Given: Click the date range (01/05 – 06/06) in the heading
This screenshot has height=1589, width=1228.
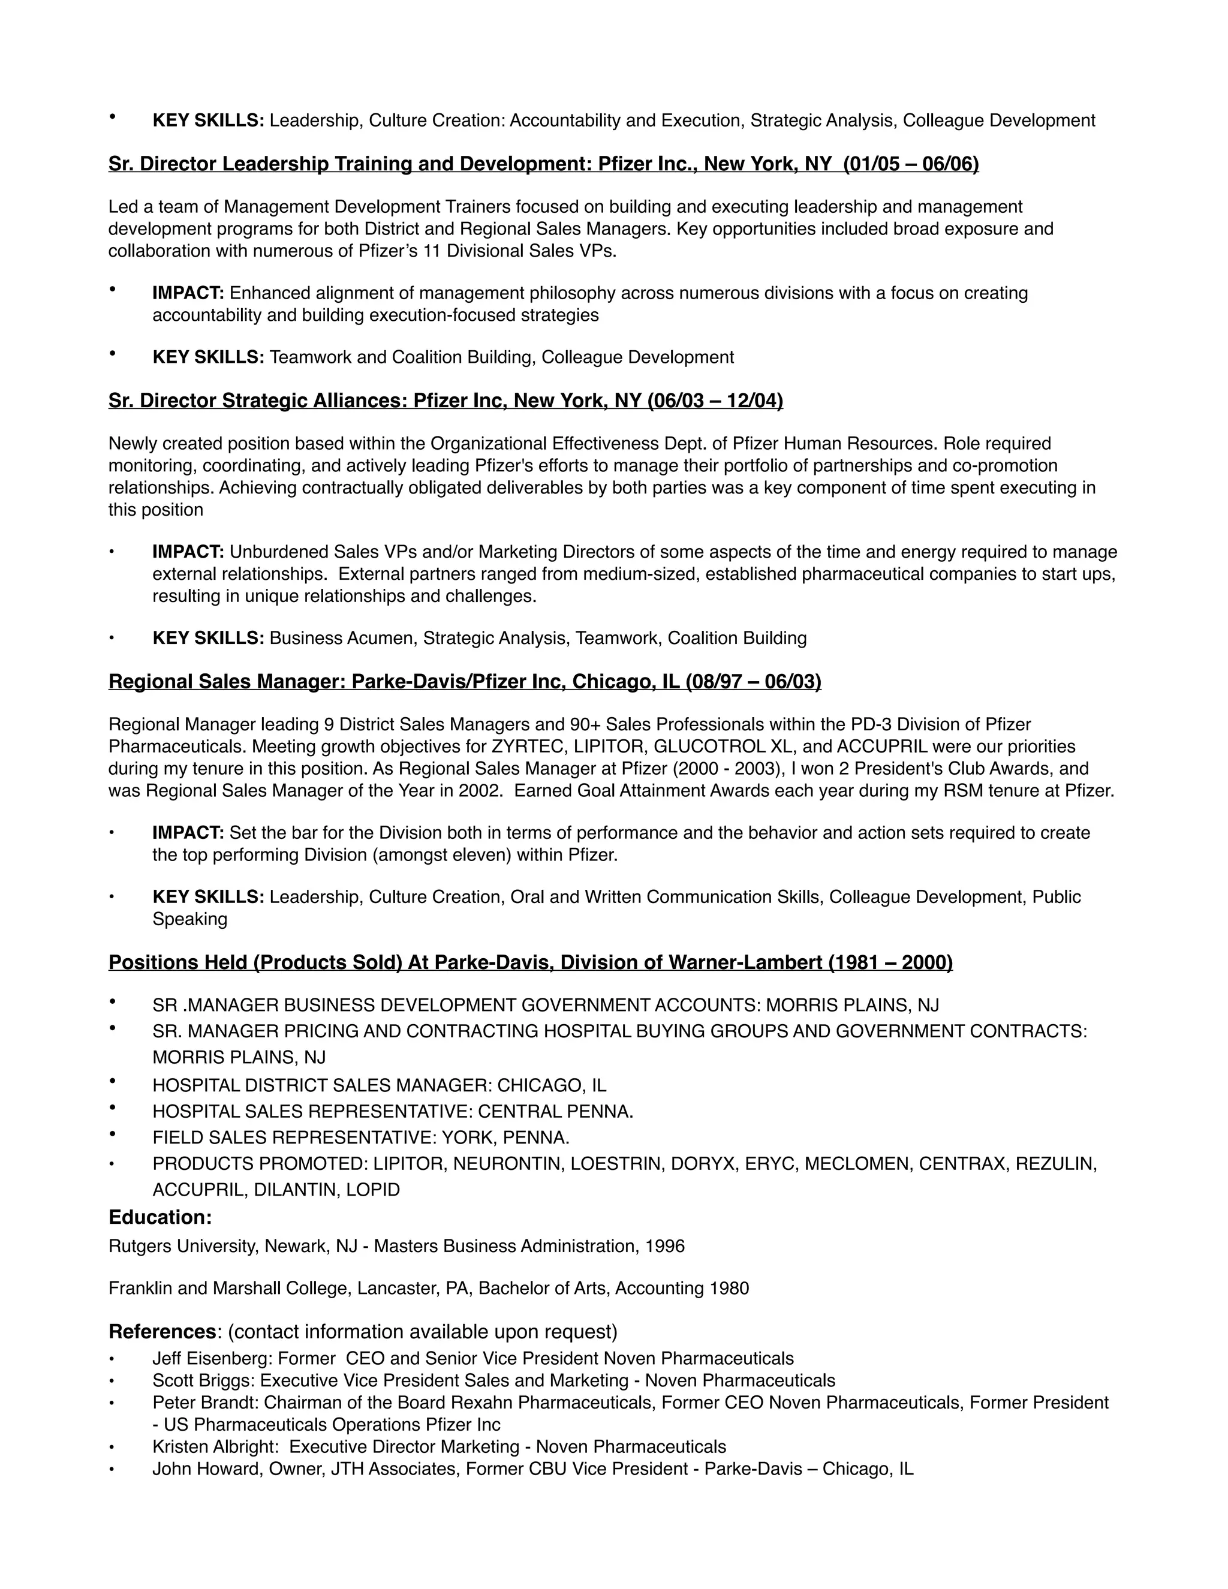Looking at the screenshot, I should click(911, 164).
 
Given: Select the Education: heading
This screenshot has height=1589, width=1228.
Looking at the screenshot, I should click(160, 1217).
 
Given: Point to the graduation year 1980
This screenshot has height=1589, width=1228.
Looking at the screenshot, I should click(730, 1289).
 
